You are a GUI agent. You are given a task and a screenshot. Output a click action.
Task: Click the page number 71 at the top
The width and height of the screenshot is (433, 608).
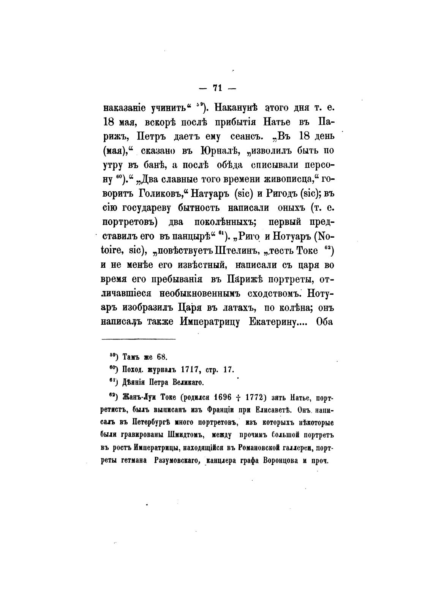click(x=218, y=88)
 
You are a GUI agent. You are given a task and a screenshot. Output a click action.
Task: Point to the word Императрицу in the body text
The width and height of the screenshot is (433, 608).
click(x=210, y=321)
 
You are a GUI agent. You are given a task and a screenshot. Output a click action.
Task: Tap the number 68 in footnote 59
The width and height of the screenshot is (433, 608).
click(x=162, y=357)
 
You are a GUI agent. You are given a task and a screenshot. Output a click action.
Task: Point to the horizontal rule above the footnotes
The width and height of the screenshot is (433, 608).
click(x=139, y=338)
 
